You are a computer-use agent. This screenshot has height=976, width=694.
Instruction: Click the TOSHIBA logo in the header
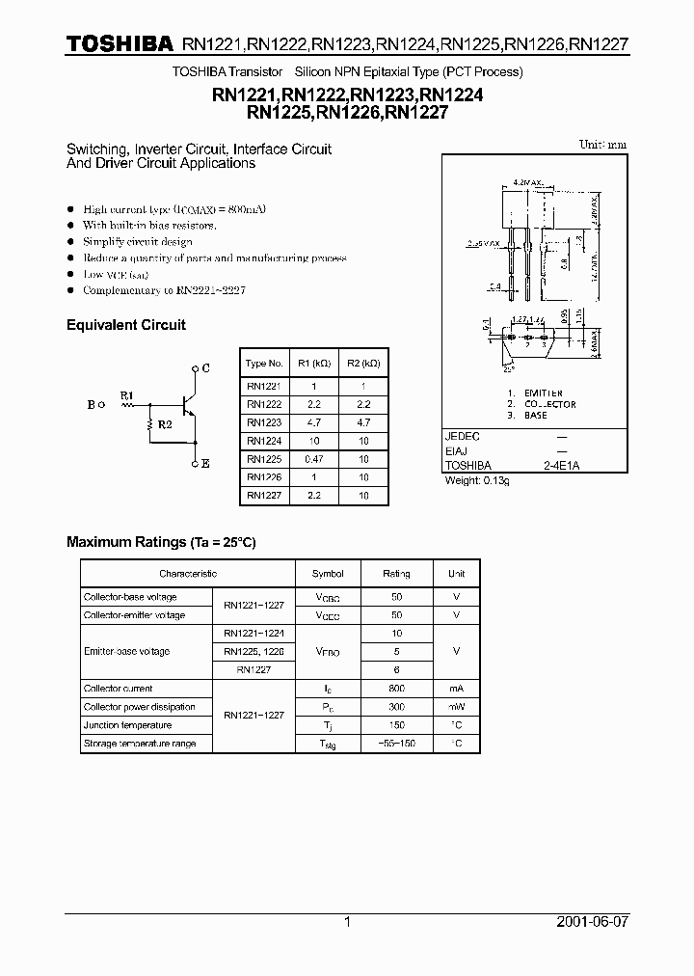(119, 43)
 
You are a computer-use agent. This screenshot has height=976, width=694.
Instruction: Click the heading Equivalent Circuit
(125, 325)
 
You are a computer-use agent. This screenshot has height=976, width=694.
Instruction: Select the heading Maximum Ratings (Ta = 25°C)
(161, 542)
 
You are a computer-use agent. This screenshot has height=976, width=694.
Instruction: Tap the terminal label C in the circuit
(206, 368)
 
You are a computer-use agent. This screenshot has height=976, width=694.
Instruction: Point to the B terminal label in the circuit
(91, 405)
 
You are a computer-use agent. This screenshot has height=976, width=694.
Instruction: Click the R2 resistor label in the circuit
(165, 424)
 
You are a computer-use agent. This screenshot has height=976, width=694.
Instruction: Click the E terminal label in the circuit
(206, 464)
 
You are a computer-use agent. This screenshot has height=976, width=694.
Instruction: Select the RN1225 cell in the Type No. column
(263, 459)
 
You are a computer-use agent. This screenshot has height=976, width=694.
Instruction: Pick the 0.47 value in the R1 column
(314, 459)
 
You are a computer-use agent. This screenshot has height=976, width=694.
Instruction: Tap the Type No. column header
(264, 364)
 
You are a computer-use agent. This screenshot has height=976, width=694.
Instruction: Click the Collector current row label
(118, 689)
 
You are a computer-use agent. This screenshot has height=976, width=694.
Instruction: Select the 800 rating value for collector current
(396, 689)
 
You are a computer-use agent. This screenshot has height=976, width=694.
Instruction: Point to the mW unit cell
(456, 707)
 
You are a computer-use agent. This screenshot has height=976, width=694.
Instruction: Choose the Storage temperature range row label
(140, 744)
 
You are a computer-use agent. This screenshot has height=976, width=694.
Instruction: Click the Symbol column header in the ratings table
(328, 573)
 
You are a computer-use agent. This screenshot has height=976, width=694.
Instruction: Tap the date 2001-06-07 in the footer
(592, 922)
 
